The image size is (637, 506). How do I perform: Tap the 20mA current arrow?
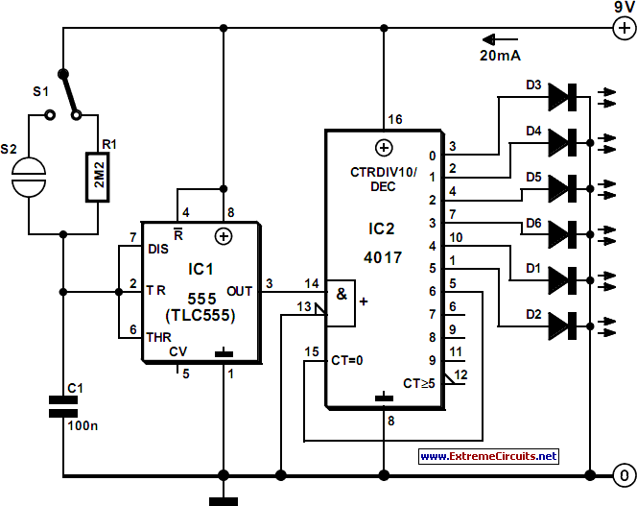click(501, 41)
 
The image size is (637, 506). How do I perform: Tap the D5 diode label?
click(533, 177)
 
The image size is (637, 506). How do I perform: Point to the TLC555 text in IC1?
click(201, 314)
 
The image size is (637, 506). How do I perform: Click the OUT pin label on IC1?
click(240, 290)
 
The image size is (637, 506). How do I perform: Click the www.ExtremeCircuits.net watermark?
click(487, 456)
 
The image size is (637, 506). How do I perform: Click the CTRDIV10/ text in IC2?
click(383, 172)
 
